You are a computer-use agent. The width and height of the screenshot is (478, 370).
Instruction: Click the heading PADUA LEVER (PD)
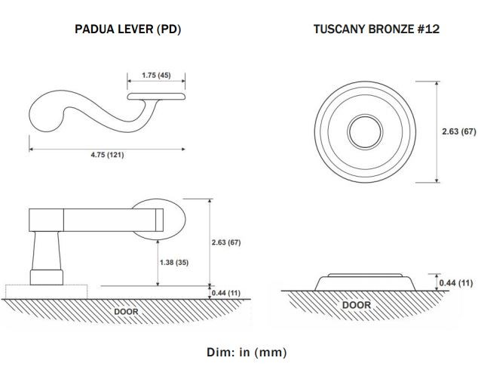pos(127,29)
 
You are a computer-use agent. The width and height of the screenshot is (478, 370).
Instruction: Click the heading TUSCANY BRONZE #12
pos(376,29)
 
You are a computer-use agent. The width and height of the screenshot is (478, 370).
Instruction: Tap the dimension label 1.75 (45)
pos(156,75)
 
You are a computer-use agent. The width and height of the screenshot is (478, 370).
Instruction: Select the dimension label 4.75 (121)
pos(107,155)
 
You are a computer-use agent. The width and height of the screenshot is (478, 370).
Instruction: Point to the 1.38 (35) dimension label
pos(174,263)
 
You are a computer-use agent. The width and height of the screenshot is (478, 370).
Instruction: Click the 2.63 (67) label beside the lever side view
pos(226,242)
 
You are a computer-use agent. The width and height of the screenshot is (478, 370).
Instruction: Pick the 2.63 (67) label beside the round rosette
pos(459,131)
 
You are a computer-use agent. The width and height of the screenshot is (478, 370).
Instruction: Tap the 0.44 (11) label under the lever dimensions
pos(226,293)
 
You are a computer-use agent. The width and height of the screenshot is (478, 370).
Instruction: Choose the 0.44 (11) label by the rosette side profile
pos(456,283)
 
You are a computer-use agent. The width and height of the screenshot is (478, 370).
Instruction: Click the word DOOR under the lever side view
pos(126,312)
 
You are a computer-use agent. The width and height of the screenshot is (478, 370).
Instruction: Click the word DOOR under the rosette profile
pos(357,305)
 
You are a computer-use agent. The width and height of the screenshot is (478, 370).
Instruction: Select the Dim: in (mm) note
pos(247,352)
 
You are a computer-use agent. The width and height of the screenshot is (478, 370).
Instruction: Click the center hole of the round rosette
pos(365,132)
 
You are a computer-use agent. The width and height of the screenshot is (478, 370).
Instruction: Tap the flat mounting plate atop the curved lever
pos(156,97)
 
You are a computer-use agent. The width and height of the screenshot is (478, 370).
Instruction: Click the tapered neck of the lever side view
pos(46,251)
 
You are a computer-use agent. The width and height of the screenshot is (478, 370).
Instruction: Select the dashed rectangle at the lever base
pos(46,292)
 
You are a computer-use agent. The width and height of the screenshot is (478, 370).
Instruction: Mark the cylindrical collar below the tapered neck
pos(46,277)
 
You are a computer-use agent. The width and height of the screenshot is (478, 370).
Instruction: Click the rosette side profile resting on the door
pos(365,282)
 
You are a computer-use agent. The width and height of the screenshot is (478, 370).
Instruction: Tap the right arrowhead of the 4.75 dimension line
pos(183,150)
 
